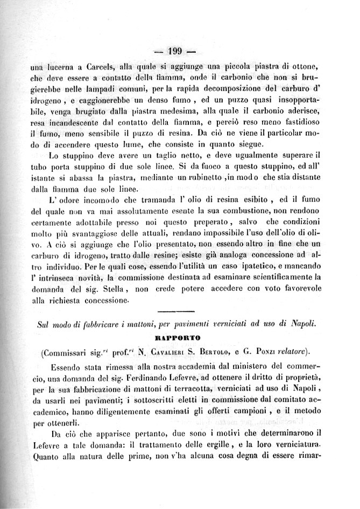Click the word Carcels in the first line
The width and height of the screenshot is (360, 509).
pyautogui.click(x=97, y=68)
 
